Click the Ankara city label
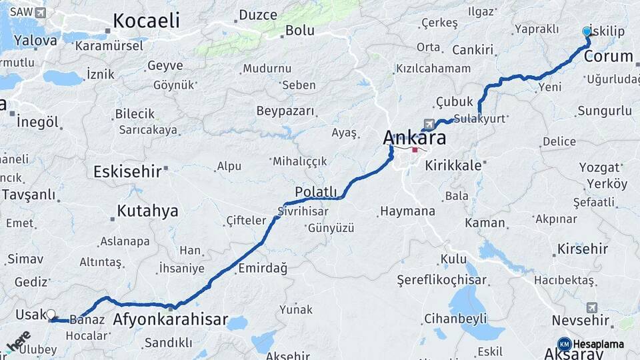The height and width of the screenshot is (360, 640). tap(414, 138)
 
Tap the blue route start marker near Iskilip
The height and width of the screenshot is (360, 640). tap(587, 31)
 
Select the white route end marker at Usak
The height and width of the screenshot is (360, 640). tap(51, 314)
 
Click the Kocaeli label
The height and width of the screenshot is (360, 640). tap(146, 21)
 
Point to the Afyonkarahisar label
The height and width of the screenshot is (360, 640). tap(171, 319)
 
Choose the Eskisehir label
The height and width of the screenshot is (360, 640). tap(127, 171)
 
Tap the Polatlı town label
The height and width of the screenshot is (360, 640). tap(316, 192)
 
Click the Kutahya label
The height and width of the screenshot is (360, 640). tap(147, 211)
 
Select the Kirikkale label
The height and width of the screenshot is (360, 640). tap(453, 165)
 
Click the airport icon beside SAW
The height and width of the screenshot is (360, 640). tap(41, 13)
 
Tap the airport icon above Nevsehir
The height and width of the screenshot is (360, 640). tap(592, 307)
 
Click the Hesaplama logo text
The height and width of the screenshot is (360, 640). tap(599, 343)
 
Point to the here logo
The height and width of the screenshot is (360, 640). tap(18, 341)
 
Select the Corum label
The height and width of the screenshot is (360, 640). tap(608, 56)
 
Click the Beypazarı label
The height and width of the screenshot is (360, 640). tap(285, 111)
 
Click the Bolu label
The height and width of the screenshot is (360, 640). tap(299, 30)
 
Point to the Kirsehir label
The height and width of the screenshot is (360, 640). tap(583, 249)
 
